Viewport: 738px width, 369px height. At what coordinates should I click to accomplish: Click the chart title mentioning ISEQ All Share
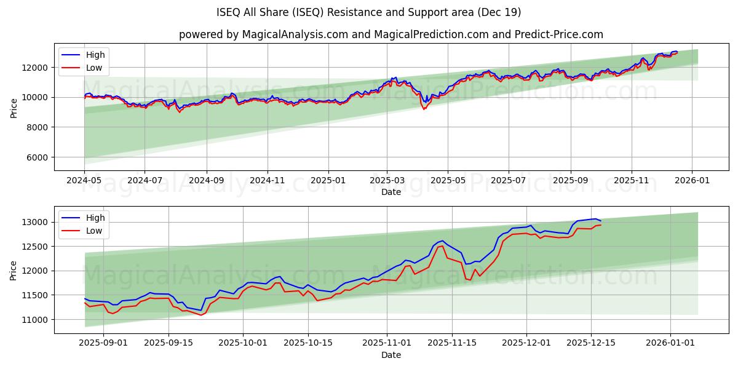pos(369,12)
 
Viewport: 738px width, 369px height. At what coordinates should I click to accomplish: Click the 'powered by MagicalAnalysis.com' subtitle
pos(391,34)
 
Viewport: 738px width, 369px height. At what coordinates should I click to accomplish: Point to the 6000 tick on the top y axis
pos(36,157)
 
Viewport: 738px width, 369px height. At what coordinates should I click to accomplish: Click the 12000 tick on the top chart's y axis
pos(34,68)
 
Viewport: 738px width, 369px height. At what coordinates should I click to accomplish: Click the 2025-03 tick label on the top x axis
pos(387,180)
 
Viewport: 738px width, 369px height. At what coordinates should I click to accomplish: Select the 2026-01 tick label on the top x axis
pos(692,180)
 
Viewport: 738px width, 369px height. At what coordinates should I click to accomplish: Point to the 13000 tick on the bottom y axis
pos(34,222)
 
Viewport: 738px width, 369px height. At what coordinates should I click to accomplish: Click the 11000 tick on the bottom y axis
pos(34,320)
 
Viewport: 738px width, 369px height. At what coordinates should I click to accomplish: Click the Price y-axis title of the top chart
pos(14,108)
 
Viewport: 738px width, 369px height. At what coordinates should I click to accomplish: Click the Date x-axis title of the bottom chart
pos(391,355)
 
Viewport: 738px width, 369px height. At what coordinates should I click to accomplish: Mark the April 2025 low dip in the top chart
pos(424,109)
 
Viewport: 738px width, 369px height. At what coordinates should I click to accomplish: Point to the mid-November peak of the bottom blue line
pos(442,241)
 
